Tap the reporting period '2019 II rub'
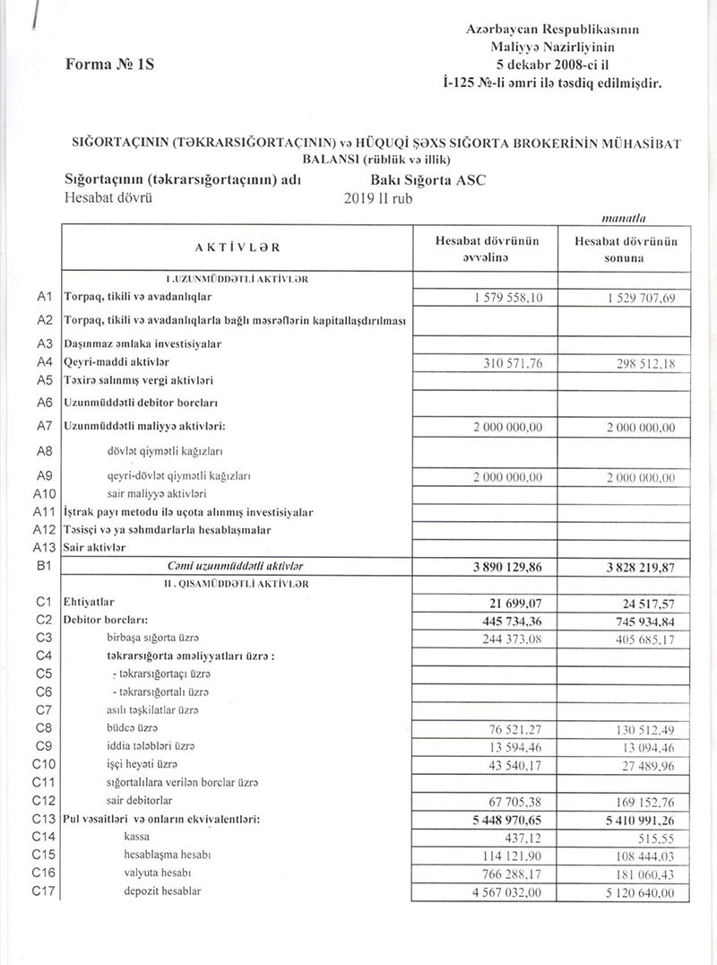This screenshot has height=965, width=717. (x=378, y=199)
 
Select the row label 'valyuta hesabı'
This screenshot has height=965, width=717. (x=158, y=872)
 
